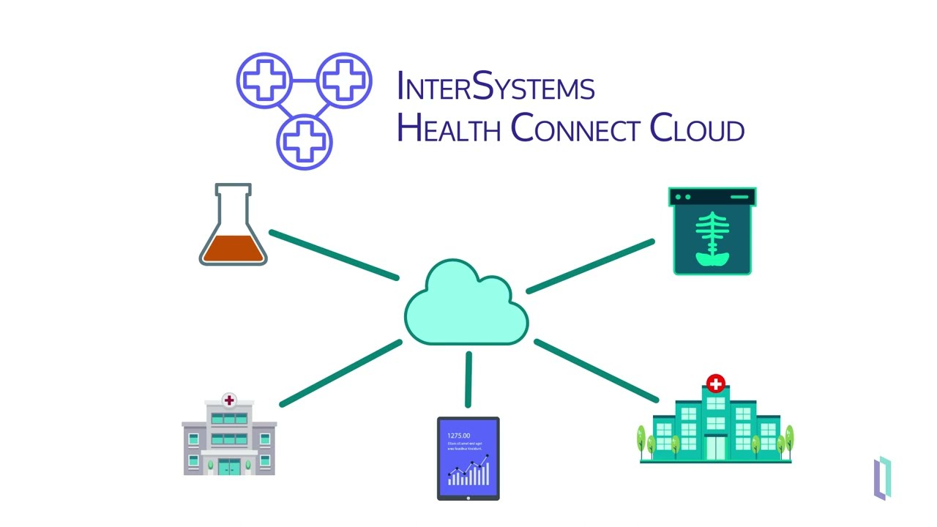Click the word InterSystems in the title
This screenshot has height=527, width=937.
click(x=495, y=87)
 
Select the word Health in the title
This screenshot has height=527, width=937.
click(x=448, y=128)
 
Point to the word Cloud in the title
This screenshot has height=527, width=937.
click(x=697, y=128)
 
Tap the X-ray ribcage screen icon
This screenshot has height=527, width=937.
click(x=712, y=231)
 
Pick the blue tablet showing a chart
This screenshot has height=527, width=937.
click(x=468, y=458)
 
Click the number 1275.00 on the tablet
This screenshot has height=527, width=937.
click(x=459, y=436)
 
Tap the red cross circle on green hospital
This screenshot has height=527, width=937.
click(x=716, y=383)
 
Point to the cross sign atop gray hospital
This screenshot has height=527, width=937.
click(x=229, y=400)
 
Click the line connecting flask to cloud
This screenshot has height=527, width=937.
click(x=334, y=255)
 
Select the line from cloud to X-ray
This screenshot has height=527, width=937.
click(x=590, y=266)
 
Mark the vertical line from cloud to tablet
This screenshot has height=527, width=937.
click(x=468, y=379)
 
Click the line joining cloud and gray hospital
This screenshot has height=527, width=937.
click(x=341, y=373)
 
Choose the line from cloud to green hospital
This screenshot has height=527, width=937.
click(x=596, y=370)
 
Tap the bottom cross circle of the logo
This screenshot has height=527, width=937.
click(x=305, y=140)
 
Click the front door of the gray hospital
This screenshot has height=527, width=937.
click(x=229, y=467)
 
